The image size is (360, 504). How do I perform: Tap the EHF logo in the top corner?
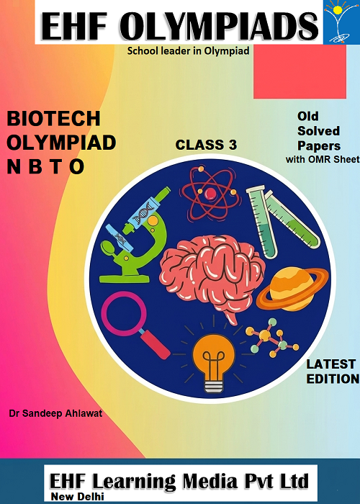[x=341, y=22]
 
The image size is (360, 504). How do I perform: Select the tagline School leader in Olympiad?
[x=189, y=51]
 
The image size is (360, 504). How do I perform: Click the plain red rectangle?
[x=300, y=71]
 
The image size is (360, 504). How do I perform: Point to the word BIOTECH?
[x=54, y=118]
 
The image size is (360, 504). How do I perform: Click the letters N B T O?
[x=45, y=167]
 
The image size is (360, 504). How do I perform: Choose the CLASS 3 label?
[x=207, y=145]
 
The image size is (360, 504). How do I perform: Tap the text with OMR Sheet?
[x=323, y=159]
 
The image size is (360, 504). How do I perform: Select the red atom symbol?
[x=210, y=193]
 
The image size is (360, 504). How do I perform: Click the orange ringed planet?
[x=292, y=289]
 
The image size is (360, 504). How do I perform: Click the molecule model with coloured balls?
[x=272, y=338]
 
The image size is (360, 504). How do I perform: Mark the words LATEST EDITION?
[x=333, y=372]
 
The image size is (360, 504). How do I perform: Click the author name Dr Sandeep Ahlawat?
[x=55, y=413]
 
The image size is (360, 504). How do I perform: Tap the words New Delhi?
[x=78, y=496]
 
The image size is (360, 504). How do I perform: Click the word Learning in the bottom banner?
[x=134, y=482]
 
